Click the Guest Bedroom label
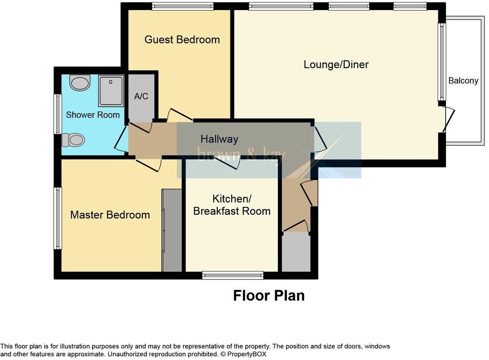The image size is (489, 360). pyautogui.click(x=182, y=40)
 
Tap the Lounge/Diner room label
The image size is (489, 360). pyautogui.click(x=336, y=64)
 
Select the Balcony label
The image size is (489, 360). pyautogui.click(x=463, y=81)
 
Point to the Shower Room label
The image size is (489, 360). pyautogui.click(x=93, y=115)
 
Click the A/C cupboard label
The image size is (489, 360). pyautogui.click(x=141, y=96)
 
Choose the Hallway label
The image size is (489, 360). pyautogui.click(x=219, y=139)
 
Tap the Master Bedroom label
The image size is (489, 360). pyautogui.click(x=110, y=215)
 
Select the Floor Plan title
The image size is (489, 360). pyautogui.click(x=269, y=296)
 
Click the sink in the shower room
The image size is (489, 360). pyautogui.click(x=80, y=83)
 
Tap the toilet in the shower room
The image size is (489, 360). pyautogui.click(x=74, y=140)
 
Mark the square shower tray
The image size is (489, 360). pyautogui.click(x=111, y=90)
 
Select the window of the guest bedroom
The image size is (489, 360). pyautogui.click(x=183, y=6)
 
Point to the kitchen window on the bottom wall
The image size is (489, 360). pyautogui.click(x=233, y=275)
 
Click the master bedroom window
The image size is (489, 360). pyautogui.click(x=58, y=218)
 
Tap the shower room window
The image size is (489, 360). pyautogui.click(x=58, y=114)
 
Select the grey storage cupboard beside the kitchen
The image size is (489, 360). pyautogui.click(x=296, y=252)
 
